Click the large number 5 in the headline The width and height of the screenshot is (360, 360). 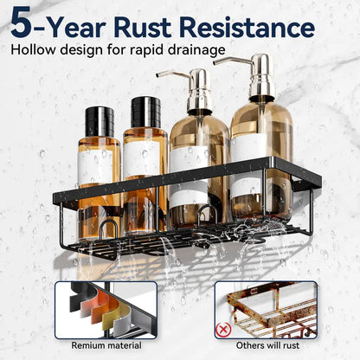22,22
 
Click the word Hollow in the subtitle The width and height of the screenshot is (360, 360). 33,49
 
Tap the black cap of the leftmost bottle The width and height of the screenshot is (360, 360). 100,122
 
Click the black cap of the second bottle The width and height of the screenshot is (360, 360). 145,112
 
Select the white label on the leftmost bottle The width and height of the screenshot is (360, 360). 95,168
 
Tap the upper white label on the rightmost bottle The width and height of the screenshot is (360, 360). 249,148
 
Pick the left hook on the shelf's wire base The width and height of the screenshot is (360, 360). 108,228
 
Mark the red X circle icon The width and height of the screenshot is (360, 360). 223,330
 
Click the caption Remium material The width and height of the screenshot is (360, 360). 106,345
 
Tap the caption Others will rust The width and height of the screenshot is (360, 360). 268,345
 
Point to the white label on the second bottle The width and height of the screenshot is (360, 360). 141,159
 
